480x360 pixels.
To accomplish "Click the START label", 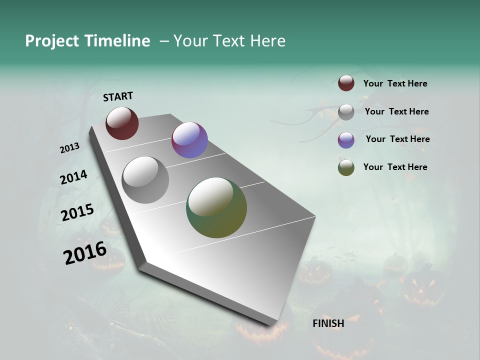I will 118,96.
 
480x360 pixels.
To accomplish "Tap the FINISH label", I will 328,323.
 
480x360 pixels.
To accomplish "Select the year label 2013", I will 69,148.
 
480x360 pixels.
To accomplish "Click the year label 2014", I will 73,177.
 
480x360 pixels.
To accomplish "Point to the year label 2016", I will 85,253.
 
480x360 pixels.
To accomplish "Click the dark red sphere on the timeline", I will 122,123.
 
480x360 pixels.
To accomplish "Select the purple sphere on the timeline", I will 189,140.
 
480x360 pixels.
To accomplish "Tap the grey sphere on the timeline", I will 145,180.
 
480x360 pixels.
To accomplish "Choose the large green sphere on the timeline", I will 216,207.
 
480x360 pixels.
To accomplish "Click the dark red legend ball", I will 346,83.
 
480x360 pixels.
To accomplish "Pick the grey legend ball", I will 346,112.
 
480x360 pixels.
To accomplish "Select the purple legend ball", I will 346,140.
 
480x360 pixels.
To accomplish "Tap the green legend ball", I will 346,168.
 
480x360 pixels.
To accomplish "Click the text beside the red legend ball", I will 395,83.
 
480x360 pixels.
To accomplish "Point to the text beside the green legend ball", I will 395,167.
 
